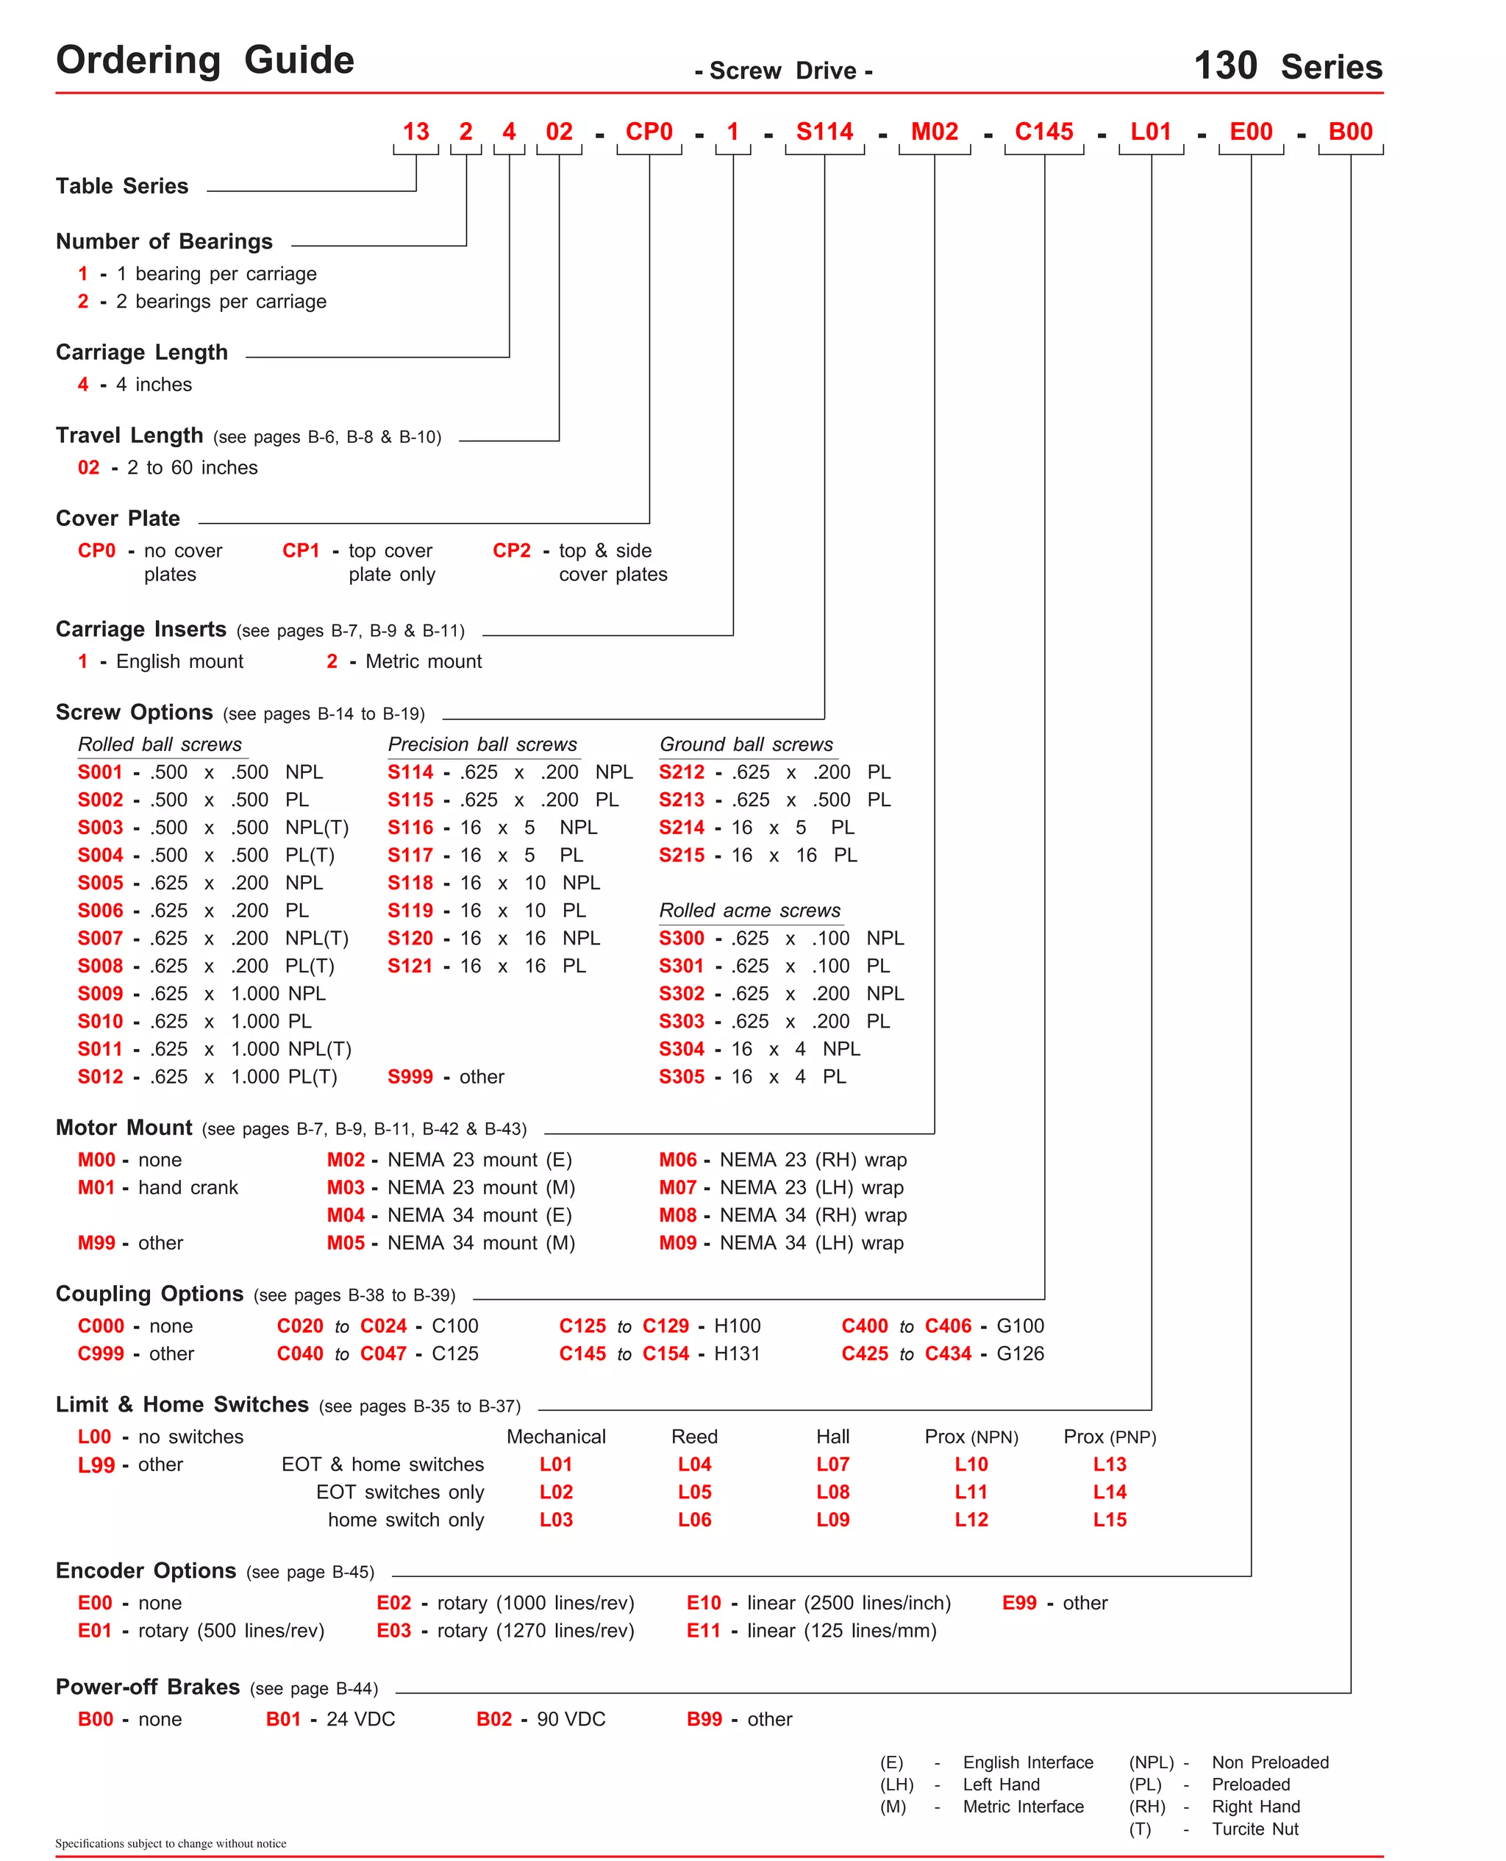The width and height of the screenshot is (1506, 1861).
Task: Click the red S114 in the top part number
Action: (824, 132)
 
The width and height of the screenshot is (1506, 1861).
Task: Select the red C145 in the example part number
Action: (1043, 132)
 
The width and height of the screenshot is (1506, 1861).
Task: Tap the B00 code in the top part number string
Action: (1350, 132)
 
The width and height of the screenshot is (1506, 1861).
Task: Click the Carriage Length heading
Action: (141, 352)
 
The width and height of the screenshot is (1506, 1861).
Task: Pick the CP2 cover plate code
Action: (511, 550)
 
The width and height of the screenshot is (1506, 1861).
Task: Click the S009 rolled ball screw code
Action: (101, 994)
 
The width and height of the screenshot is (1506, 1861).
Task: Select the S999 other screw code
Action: (410, 1077)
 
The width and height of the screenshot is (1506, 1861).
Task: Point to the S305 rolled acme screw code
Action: (681, 1077)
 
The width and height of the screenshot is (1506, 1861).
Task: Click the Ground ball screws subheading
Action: (746, 744)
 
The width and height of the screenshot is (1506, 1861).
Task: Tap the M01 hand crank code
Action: (96, 1187)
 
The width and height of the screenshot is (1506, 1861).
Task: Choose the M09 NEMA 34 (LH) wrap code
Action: (677, 1242)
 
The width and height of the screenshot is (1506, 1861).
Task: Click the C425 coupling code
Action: (864, 1353)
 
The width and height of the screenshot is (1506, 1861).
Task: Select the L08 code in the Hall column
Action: (832, 1492)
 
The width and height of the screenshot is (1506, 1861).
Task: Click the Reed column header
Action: (694, 1437)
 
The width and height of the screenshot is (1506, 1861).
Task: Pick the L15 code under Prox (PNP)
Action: (1109, 1519)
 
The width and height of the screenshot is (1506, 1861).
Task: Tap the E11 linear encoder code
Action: (703, 1630)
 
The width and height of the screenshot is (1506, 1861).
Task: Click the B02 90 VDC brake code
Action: (493, 1719)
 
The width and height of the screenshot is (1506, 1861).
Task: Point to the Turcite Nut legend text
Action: (1255, 1829)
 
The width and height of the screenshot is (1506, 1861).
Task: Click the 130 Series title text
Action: (1288, 66)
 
